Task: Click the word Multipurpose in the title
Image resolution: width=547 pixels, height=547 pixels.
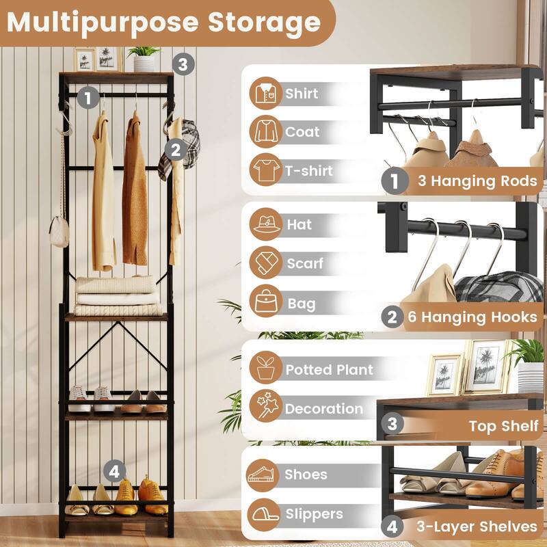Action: pyautogui.click(x=103, y=22)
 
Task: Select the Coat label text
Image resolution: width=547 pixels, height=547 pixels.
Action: pyautogui.click(x=302, y=131)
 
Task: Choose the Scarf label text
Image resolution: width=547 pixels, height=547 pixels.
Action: pyautogui.click(x=305, y=263)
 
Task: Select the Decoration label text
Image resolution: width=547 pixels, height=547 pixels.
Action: pyautogui.click(x=324, y=409)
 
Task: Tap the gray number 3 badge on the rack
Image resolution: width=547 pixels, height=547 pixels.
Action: pyautogui.click(x=182, y=64)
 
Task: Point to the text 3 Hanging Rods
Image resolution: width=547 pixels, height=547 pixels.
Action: pyautogui.click(x=477, y=181)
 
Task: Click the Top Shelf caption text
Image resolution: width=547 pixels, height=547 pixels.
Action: pyautogui.click(x=503, y=426)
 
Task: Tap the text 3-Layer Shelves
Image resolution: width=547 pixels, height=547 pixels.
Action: pyautogui.click(x=477, y=526)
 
